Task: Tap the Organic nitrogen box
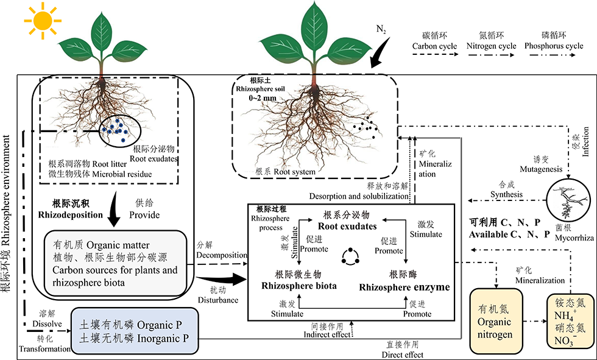point(494,322)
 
